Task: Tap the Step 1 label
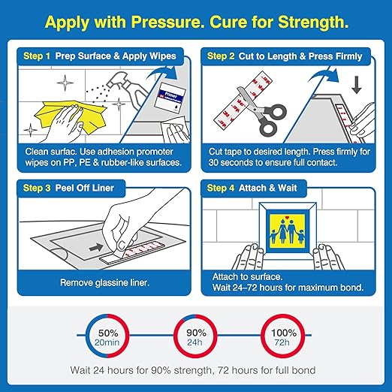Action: pyautogui.click(x=37, y=56)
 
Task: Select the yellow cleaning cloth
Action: pyautogui.click(x=71, y=117)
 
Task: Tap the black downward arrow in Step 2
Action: pyautogui.click(x=357, y=85)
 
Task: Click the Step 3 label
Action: pyautogui.click(x=37, y=188)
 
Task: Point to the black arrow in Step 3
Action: pyautogui.click(x=96, y=248)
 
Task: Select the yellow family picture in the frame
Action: pyautogui.click(x=288, y=231)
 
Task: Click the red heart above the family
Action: pyautogui.click(x=288, y=217)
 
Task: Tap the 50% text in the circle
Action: pyautogui.click(x=108, y=333)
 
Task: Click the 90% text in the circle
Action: pyautogui.click(x=196, y=333)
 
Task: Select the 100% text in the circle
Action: pyautogui.click(x=284, y=333)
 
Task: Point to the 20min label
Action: pyautogui.click(x=107, y=342)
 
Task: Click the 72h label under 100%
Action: pyautogui.click(x=282, y=342)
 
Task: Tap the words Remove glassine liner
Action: pyautogui.click(x=104, y=282)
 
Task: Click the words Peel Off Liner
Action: pyautogui.click(x=84, y=188)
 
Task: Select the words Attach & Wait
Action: pyautogui.click(x=267, y=188)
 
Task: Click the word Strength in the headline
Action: pyautogui.click(x=313, y=22)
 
